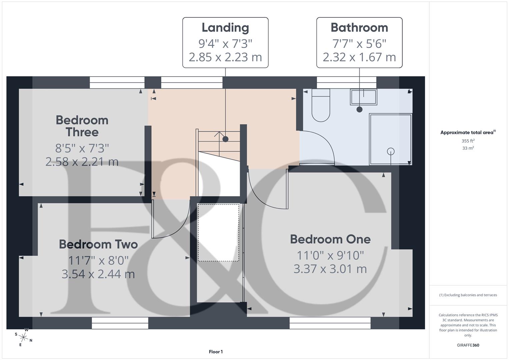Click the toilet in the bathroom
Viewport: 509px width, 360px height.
pyautogui.click(x=321, y=106)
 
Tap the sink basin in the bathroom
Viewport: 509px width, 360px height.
pyautogui.click(x=363, y=97)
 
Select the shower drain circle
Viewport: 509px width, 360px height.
pyautogui.click(x=391, y=152)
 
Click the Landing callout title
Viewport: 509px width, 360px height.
pyautogui.click(x=225, y=28)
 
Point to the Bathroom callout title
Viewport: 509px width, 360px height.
pyautogui.click(x=359, y=28)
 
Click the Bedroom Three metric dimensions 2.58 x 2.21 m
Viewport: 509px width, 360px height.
pyautogui.click(x=82, y=162)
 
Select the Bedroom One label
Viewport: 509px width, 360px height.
pyautogui.click(x=330, y=239)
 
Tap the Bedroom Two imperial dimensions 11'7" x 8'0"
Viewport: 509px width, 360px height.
pyautogui.click(x=98, y=260)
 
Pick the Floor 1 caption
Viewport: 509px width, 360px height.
pyautogui.click(x=216, y=352)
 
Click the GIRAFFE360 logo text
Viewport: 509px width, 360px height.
pyautogui.click(x=468, y=345)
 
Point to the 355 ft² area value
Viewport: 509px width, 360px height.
pyautogui.click(x=468, y=141)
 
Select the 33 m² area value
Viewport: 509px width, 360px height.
pyautogui.click(x=468, y=148)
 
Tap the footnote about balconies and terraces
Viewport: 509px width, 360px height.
pyautogui.click(x=468, y=295)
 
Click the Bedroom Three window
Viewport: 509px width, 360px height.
pyautogui.click(x=117, y=83)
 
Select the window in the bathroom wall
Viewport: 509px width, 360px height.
pyautogui.click(x=346, y=83)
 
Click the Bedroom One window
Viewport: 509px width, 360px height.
pyautogui.click(x=330, y=323)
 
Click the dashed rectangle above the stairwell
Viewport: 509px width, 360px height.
pyautogui.click(x=218, y=233)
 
